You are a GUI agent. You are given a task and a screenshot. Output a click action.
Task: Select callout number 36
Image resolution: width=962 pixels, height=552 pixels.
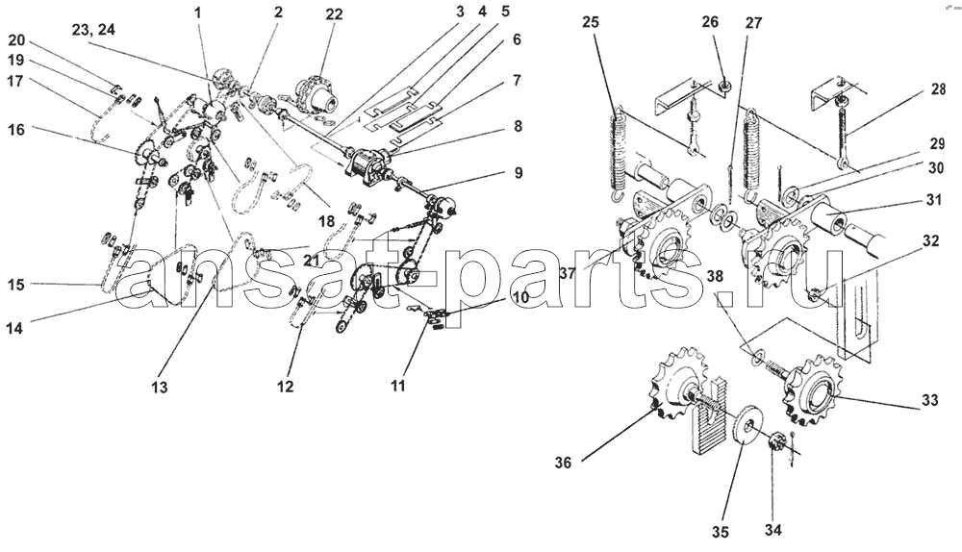(563, 463)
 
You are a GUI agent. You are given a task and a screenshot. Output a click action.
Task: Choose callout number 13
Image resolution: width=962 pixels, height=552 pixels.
(159, 387)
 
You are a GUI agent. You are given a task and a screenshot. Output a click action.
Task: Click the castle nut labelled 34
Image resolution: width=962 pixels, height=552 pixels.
(776, 445)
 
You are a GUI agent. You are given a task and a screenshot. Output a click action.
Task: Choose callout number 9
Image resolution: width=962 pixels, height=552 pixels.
(519, 173)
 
